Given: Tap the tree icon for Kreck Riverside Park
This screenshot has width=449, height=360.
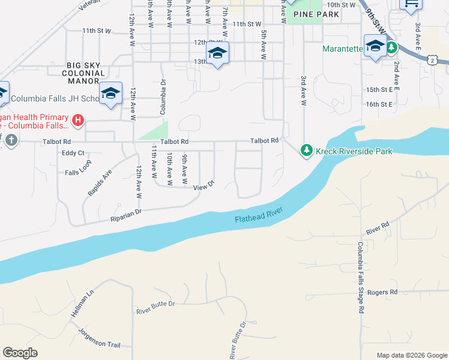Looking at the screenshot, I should [x=307, y=150].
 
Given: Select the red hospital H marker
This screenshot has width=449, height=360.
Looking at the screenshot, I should [x=77, y=121].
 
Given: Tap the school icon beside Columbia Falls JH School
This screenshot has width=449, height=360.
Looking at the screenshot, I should [x=110, y=93].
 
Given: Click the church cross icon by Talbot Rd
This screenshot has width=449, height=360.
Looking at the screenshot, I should [x=11, y=141].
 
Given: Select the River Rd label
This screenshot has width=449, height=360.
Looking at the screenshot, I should [x=378, y=227].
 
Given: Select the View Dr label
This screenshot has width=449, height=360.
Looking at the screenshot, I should [x=203, y=187].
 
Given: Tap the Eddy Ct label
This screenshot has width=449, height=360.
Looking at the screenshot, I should [x=73, y=153].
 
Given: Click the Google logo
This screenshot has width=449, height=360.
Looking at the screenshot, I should [x=20, y=353].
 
